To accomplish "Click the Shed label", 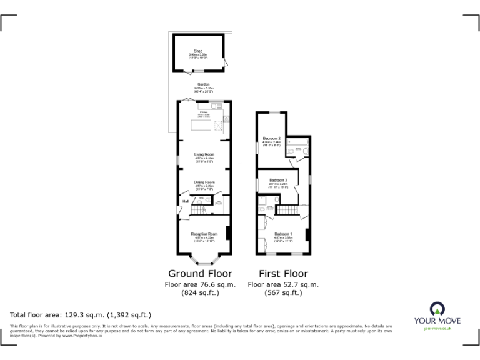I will point(198,50).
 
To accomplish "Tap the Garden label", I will point(203,84).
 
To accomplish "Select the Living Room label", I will point(204,154).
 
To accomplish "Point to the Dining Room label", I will point(204,182).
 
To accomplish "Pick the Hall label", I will point(186,202).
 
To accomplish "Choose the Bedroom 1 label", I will point(283,234).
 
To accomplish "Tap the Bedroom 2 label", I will point(271,137).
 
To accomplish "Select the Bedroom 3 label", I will point(277,180).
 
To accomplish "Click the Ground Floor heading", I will point(200,274).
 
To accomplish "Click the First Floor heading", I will point(283,274).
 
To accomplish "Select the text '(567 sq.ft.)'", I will point(283,292).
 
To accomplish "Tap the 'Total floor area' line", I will point(81,315).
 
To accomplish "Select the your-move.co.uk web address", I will point(437,329).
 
